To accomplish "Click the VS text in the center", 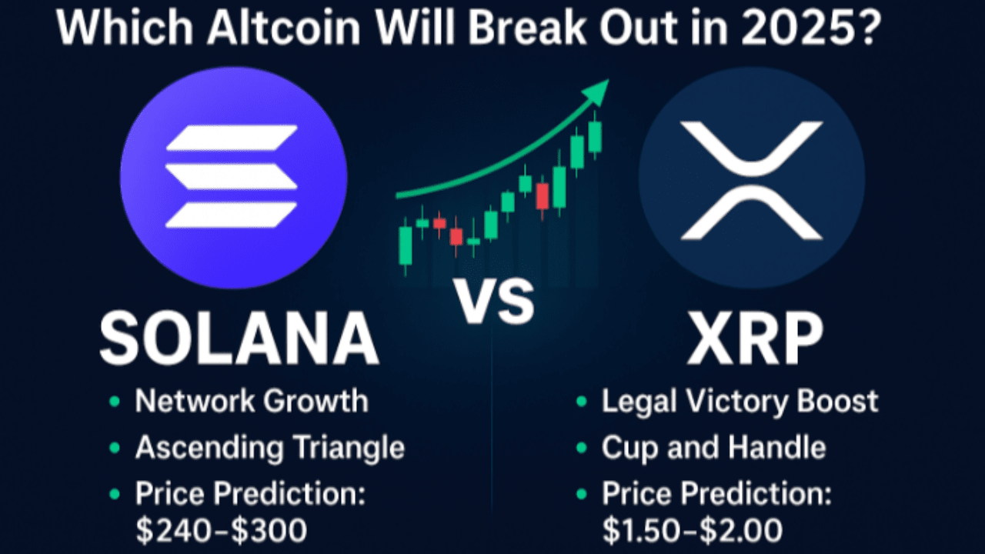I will (x=492, y=302).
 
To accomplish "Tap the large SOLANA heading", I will (x=239, y=339).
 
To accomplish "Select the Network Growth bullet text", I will (x=251, y=401).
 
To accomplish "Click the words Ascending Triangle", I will (x=269, y=447).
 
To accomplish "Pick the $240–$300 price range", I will (x=222, y=530).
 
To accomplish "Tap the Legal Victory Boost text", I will (x=740, y=401).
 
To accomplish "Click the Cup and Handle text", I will (x=713, y=447).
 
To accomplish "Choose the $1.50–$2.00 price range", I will (x=692, y=530).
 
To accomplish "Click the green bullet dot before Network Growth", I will (x=115, y=402).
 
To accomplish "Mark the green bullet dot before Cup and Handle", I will (x=583, y=448).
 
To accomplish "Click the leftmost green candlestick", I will (x=406, y=245).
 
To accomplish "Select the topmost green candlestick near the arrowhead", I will (x=594, y=137).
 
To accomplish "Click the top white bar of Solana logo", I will (x=232, y=138).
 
